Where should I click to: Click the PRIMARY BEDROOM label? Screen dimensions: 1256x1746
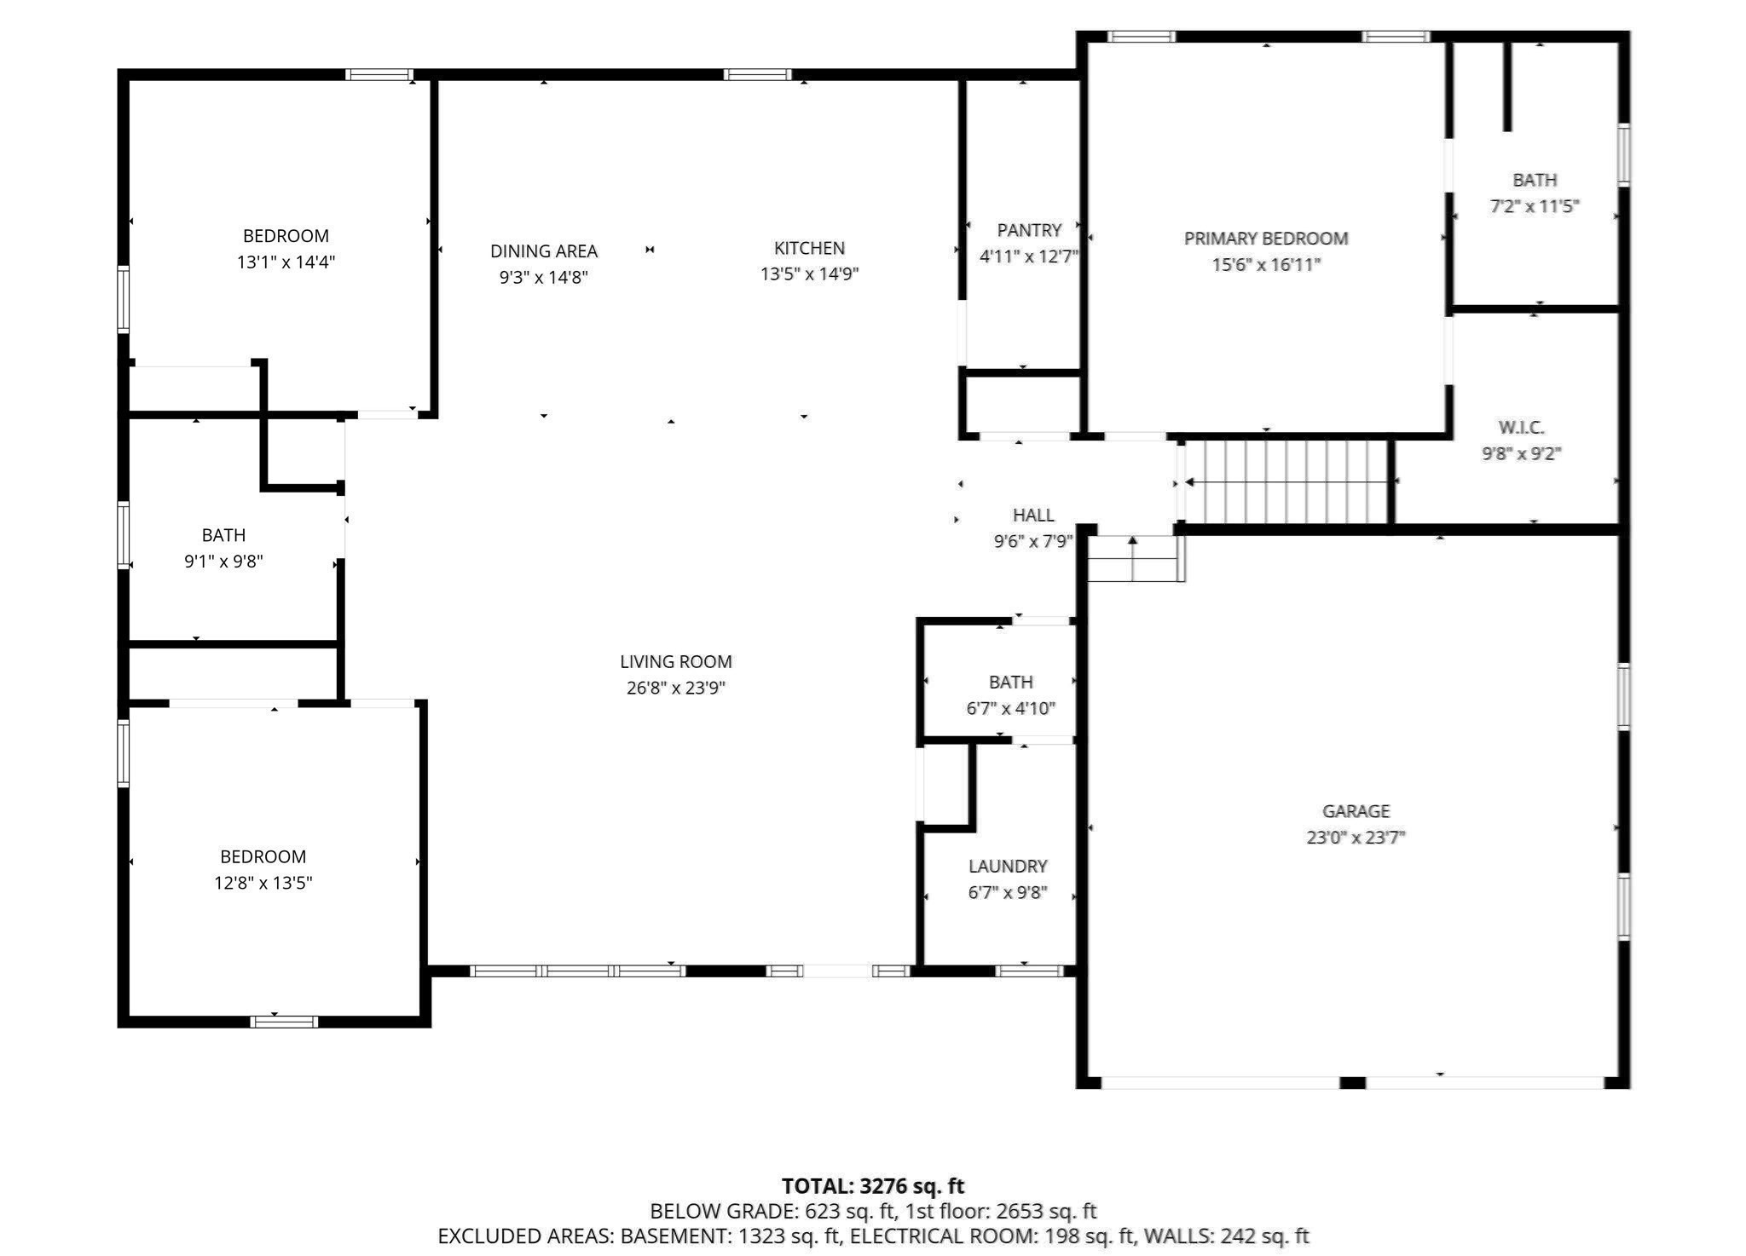(x=1265, y=239)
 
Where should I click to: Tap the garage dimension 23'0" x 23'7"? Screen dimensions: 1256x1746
(x=1356, y=838)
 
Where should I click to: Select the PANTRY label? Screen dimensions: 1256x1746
(x=1029, y=230)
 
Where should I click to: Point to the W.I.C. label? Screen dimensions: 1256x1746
(x=1521, y=428)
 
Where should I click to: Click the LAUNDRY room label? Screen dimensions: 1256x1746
(x=1008, y=867)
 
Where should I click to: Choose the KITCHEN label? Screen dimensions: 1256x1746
(x=809, y=248)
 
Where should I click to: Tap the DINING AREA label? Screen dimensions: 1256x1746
(x=543, y=251)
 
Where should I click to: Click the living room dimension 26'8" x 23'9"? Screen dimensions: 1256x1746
(x=675, y=688)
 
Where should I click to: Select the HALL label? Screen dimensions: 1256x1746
(x=1033, y=515)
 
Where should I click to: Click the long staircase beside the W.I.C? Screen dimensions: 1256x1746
(x=1287, y=482)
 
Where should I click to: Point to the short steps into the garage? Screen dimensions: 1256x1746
(x=1134, y=559)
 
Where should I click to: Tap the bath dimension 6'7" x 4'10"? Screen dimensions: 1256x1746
(x=1010, y=708)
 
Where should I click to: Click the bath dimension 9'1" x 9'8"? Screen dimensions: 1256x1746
(x=223, y=562)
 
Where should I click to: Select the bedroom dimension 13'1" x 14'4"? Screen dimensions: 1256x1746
(x=286, y=262)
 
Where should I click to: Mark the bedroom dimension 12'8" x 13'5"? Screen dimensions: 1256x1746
(x=263, y=883)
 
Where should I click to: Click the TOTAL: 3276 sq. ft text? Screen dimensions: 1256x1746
(x=872, y=1186)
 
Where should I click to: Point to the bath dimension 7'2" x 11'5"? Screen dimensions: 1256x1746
(x=1534, y=206)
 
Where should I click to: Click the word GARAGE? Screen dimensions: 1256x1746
(x=1356, y=811)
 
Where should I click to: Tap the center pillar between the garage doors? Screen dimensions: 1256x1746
(x=1352, y=1082)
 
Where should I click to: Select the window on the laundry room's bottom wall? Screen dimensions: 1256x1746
(x=1029, y=971)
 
